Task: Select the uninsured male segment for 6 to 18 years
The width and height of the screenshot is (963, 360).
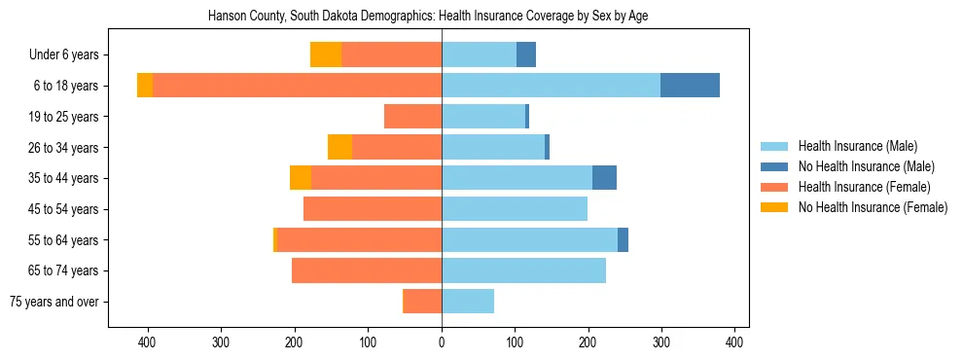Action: [x=690, y=86]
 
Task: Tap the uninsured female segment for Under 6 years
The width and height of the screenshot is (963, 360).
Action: [x=326, y=54]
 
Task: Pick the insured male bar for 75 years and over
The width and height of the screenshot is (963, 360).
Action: [x=468, y=302]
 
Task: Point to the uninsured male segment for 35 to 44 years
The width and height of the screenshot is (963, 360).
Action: [x=604, y=178]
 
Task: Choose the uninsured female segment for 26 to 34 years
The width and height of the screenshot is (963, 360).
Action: [x=339, y=147]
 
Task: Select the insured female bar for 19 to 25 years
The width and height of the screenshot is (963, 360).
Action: [x=413, y=117]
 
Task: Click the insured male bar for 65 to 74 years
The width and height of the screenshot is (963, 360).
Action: [x=524, y=270]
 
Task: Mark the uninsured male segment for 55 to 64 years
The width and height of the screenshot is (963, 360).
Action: [x=623, y=239]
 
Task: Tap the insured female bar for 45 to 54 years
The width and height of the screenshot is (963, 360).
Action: [x=373, y=209]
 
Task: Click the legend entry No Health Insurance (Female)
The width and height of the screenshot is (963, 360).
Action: [x=872, y=207]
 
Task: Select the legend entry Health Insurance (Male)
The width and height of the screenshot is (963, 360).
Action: [x=857, y=146]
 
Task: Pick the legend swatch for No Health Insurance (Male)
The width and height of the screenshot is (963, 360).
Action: [x=774, y=166]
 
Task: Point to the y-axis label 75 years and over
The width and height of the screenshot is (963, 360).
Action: [x=54, y=302]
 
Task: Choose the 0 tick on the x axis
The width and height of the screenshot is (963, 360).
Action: [x=442, y=342]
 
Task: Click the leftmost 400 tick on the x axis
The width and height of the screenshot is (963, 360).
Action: [x=148, y=342]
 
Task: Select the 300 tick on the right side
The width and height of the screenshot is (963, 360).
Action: [x=661, y=342]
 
